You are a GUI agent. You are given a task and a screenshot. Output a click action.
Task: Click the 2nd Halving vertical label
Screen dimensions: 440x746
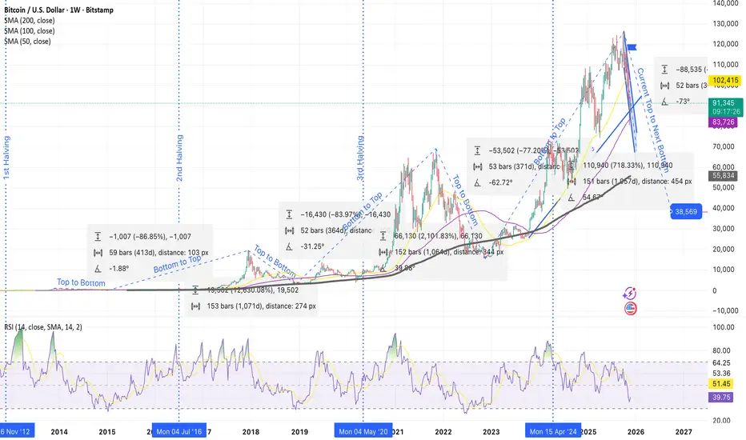tap(181, 160)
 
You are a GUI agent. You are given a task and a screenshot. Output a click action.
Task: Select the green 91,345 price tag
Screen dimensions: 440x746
tap(723, 102)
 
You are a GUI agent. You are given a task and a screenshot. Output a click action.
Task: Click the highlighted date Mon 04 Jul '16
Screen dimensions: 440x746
tap(180, 430)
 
